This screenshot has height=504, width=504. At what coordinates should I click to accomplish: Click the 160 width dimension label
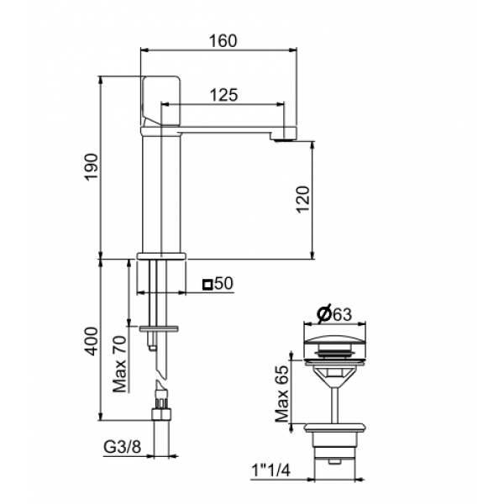pos(223,41)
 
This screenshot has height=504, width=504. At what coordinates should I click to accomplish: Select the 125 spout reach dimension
pos(224,95)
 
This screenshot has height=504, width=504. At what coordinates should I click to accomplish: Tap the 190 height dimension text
pos(92,167)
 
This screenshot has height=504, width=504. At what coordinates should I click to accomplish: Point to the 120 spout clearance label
pos(302,199)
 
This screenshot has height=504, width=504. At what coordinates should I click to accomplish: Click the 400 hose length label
pos(92,341)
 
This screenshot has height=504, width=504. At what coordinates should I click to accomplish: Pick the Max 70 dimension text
pos(119,364)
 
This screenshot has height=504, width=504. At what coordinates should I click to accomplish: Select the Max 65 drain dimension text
pos(282,393)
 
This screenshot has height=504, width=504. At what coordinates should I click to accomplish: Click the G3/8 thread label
pos(123,447)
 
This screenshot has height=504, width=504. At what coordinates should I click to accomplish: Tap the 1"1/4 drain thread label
pos(271,470)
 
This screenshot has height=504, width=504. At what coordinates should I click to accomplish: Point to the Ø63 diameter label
pos(334,314)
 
